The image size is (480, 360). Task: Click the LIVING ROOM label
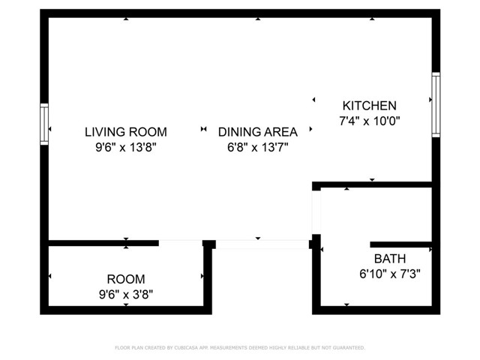(125, 131)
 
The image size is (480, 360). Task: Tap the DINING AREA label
(257, 131)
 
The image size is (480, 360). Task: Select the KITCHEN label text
(369, 106)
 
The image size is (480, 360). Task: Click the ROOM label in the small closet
(125, 278)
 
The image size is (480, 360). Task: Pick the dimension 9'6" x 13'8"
(125, 147)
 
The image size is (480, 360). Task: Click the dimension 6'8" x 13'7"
(257, 147)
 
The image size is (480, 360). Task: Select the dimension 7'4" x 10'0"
(369, 121)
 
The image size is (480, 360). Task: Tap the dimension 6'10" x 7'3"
(389, 274)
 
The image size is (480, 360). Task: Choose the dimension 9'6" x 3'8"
(125, 294)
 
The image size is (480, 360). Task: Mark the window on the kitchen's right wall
(436, 104)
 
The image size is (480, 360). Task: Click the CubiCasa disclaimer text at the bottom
(240, 348)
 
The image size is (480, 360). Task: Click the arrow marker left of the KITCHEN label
(313, 100)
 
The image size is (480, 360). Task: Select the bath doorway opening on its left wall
(316, 212)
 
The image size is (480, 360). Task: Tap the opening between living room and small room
(180, 243)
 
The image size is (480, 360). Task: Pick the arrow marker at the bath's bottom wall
(346, 304)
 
